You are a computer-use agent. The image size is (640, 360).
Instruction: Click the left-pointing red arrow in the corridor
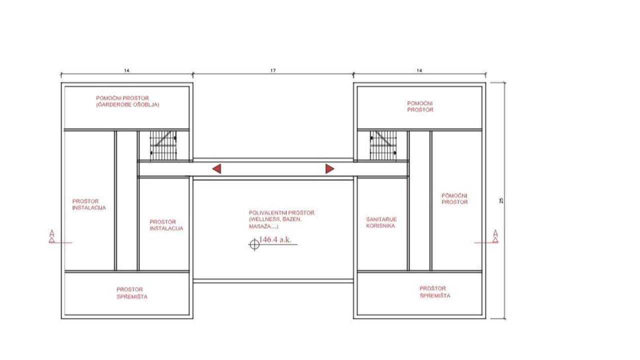click(217, 169)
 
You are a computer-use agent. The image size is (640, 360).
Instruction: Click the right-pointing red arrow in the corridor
click(329, 169)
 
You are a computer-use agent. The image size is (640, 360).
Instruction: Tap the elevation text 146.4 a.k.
click(275, 239)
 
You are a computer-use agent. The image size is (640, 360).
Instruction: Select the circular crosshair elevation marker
click(254, 244)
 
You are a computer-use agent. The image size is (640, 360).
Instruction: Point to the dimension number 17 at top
click(273, 70)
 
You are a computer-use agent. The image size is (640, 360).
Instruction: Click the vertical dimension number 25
click(501, 201)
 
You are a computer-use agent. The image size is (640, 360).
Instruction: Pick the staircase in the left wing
click(163, 145)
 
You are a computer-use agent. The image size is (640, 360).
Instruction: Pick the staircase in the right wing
click(383, 145)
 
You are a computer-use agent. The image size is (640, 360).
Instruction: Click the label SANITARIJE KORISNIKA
click(381, 222)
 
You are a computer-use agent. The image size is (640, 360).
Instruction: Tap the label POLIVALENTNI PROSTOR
click(281, 213)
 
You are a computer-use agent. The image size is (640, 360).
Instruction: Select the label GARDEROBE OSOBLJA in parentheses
click(127, 104)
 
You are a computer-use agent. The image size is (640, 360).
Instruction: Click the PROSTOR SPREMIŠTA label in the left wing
click(132, 293)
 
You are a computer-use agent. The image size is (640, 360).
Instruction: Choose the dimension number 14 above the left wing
click(126, 70)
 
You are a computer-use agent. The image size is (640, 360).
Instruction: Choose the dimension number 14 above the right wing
click(419, 70)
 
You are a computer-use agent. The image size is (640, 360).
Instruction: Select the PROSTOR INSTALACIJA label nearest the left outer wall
click(89, 204)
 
